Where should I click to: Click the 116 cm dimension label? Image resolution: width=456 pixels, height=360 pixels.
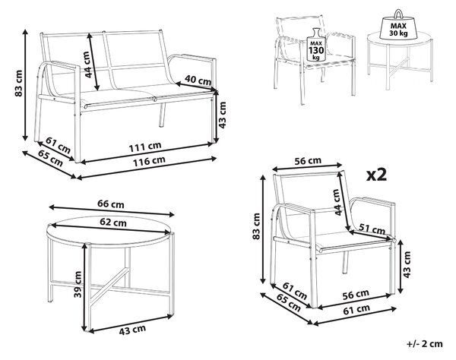[x=149, y=161]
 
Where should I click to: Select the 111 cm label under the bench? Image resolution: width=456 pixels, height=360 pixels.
[x=145, y=147]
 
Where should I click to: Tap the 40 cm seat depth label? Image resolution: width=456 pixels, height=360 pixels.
[x=198, y=81]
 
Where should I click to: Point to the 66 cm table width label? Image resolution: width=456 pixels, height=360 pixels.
[x=111, y=204]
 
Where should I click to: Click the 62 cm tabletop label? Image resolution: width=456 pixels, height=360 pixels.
[x=113, y=223]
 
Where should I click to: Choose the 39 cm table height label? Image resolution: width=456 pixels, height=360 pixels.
[x=78, y=284]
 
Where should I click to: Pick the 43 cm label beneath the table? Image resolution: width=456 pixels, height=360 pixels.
[x=132, y=330]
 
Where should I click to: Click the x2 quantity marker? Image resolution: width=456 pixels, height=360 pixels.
[x=377, y=175]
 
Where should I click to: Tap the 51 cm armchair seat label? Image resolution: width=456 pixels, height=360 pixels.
[x=372, y=229]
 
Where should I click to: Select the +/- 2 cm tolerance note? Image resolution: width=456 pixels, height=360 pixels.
[x=425, y=344]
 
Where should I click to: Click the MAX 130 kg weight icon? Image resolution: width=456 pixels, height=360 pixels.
[x=316, y=45]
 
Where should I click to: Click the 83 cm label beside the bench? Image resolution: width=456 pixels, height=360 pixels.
[x=18, y=84]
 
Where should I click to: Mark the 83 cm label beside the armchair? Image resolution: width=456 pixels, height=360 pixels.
[x=256, y=226]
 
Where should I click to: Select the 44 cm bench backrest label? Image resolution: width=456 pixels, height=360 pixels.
[x=87, y=65]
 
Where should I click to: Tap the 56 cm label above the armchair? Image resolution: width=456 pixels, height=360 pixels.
[x=308, y=161]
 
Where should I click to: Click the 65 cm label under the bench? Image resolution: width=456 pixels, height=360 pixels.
[x=50, y=159]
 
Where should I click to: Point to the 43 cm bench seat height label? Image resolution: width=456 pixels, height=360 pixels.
[x=222, y=115]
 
